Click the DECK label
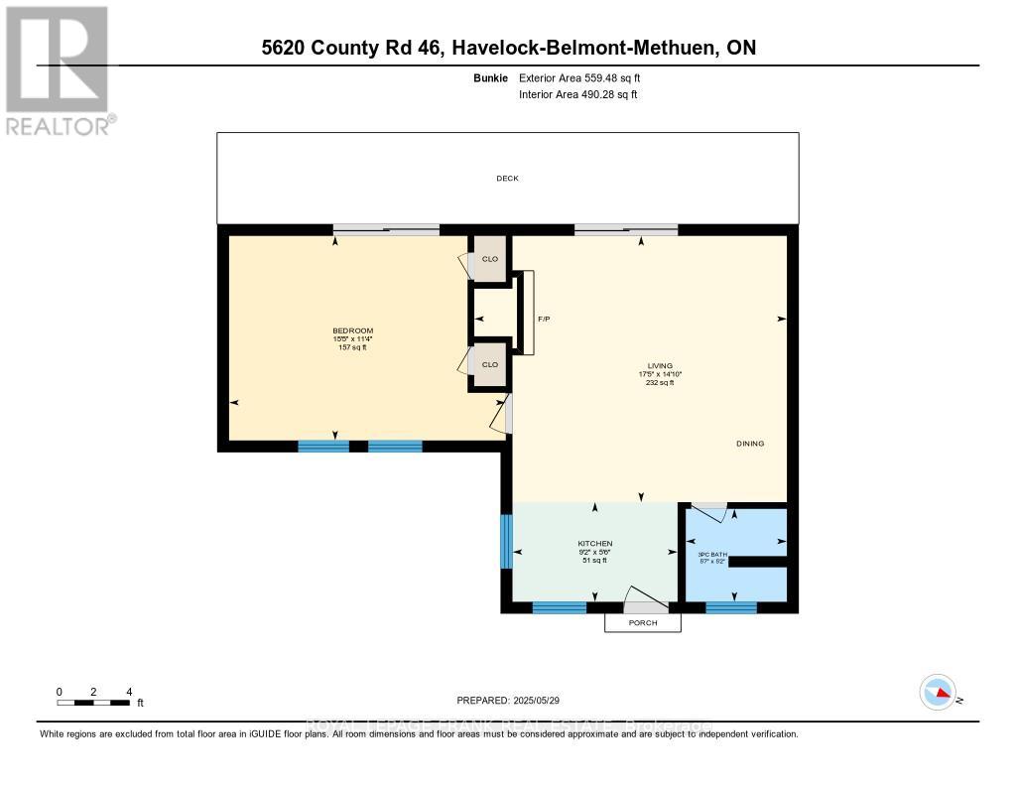pyautogui.click(x=507, y=179)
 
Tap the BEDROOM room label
pyautogui.click(x=352, y=330)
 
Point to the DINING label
pyautogui.click(x=750, y=444)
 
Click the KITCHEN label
pyautogui.click(x=594, y=544)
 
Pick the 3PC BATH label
pyautogui.click(x=712, y=554)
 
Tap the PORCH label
pyautogui.click(x=643, y=622)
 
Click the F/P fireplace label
pyautogui.click(x=544, y=320)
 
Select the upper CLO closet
pyautogui.click(x=489, y=259)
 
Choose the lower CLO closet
pyautogui.click(x=489, y=364)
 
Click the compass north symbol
pyautogui.click(x=939, y=693)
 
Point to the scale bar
pyautogui.click(x=93, y=703)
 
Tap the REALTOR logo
pyautogui.click(x=58, y=69)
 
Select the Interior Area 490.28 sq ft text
pyautogui.click(x=577, y=94)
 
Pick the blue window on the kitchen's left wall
pyautogui.click(x=506, y=541)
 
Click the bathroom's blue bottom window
pyautogui.click(x=731, y=607)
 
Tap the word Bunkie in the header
pyautogui.click(x=491, y=77)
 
